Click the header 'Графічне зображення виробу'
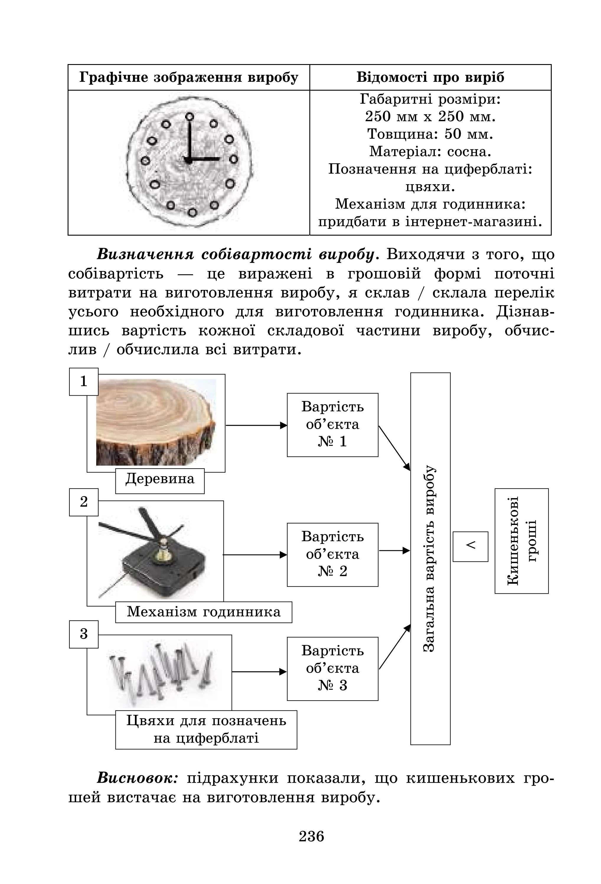189,77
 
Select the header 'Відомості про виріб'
430,77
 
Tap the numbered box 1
84,381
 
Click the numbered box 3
84,634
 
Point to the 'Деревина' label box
160,479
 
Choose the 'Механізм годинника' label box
203,612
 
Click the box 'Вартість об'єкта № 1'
332,425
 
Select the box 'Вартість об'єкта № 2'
332,554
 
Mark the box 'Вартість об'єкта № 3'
332,668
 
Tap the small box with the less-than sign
470,546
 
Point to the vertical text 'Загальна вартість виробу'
430,559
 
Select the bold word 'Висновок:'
137,778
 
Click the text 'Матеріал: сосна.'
430,151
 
